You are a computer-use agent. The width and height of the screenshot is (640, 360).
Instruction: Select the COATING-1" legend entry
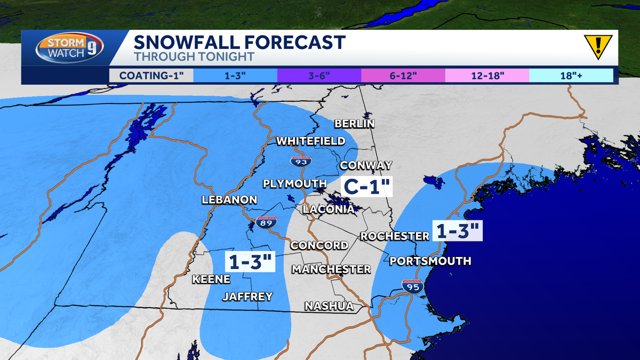(x=151, y=75)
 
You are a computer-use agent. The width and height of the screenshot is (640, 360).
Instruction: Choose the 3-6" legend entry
(x=319, y=75)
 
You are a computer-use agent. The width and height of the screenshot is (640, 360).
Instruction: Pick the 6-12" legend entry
(x=403, y=75)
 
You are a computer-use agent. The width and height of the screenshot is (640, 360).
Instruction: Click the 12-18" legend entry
(x=487, y=75)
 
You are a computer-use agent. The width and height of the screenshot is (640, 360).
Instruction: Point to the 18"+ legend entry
(x=571, y=75)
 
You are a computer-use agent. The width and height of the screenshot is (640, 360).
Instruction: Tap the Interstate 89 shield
(x=266, y=223)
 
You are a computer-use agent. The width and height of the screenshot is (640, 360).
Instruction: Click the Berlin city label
(x=355, y=124)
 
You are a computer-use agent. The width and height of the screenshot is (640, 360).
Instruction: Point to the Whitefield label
(x=310, y=141)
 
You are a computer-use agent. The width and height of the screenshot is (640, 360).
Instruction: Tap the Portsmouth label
(x=430, y=261)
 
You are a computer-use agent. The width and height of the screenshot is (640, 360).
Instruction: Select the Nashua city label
(x=329, y=306)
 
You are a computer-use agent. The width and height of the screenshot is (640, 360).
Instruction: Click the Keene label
(x=211, y=279)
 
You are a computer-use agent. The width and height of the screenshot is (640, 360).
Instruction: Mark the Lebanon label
(x=229, y=200)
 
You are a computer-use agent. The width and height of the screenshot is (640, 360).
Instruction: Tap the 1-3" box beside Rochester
(x=458, y=231)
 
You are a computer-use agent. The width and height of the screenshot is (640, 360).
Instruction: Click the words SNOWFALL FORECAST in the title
(x=239, y=42)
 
